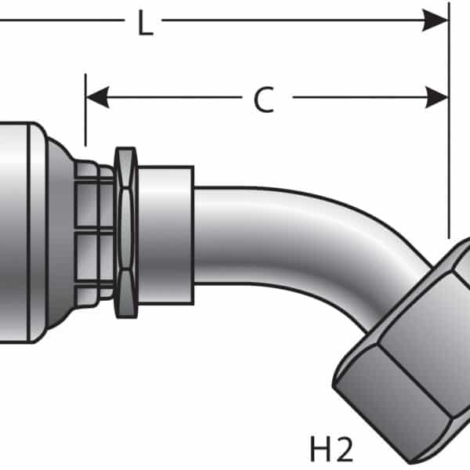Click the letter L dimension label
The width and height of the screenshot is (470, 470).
(x=145, y=24)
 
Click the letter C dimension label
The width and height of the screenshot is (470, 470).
(x=264, y=99)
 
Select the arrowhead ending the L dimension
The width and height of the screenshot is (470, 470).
(x=436, y=20)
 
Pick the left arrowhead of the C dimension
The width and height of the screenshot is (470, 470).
(x=96, y=98)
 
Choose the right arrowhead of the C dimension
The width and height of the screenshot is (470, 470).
(x=437, y=98)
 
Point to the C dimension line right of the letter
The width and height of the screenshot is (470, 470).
(x=352, y=98)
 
